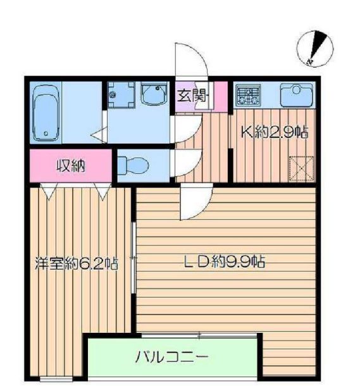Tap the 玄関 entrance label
coord(190,97)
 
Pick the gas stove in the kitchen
coord(249,96)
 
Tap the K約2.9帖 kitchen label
coord(273,132)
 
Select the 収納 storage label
coord(71,166)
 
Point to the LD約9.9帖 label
coord(224,262)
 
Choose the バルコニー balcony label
coord(172,358)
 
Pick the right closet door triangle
coord(102,188)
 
